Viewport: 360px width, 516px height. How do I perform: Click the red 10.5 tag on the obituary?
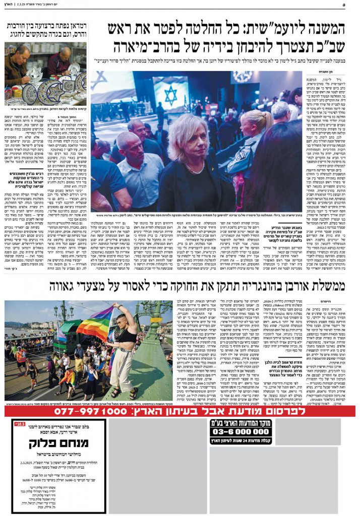(20, 424)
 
